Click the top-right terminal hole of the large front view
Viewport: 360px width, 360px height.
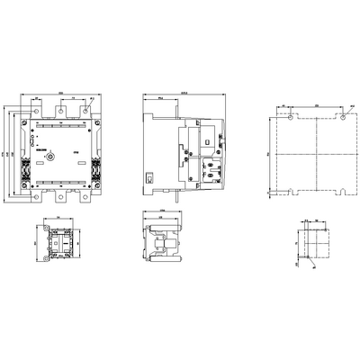[85, 112]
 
